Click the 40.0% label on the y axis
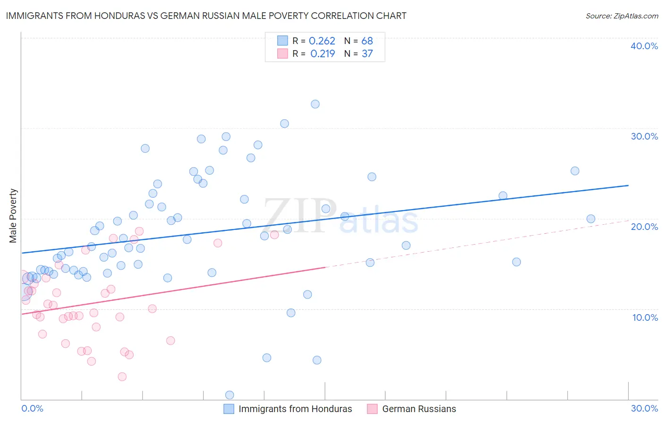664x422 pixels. point(644,46)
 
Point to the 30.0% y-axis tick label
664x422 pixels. point(644,136)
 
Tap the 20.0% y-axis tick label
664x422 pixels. point(644,227)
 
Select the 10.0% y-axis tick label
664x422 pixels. point(645,317)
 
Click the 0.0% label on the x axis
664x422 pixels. point(32,408)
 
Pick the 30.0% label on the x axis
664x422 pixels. point(644,408)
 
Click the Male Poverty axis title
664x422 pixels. point(13,216)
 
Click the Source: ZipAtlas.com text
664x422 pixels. point(621,16)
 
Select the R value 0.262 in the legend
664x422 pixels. point(322,41)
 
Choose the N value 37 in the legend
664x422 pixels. point(367,53)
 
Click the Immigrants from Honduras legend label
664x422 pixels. point(295,409)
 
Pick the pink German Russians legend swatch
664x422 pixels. point(372,409)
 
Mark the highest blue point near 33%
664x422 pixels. point(315,104)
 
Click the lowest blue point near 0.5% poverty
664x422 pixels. point(230,395)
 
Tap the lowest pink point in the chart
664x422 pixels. point(122,377)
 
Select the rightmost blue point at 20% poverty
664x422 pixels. point(591,219)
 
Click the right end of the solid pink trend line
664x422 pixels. point(325,267)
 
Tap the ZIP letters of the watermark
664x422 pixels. point(300,216)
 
